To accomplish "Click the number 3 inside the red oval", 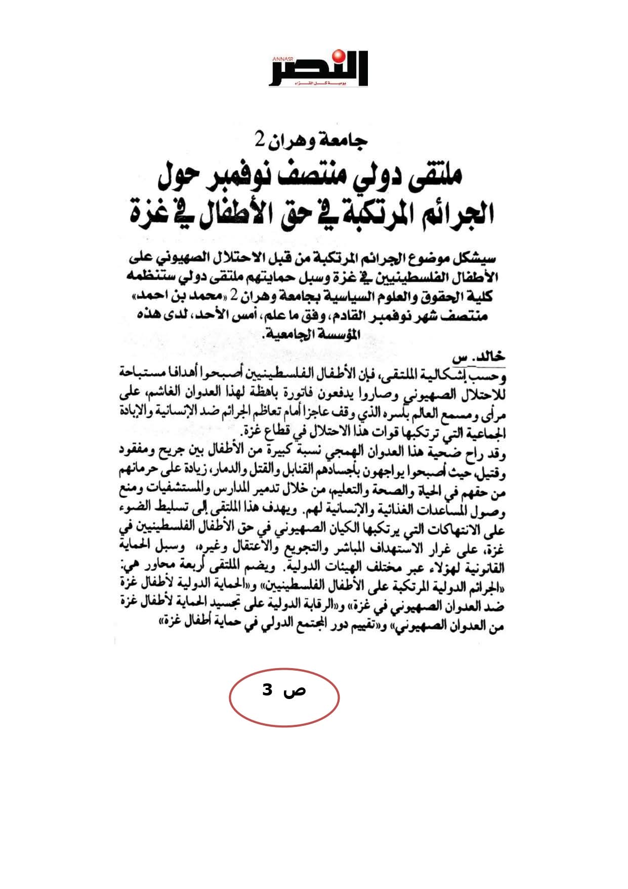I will (x=267, y=690).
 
